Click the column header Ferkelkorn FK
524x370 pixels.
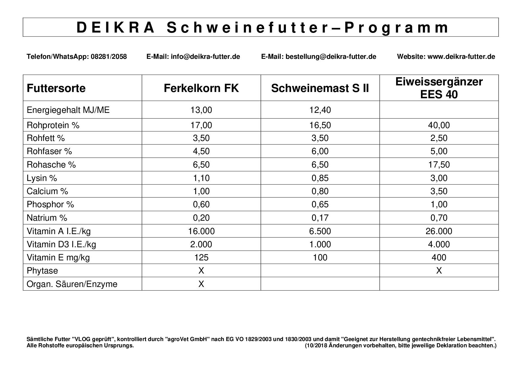201,88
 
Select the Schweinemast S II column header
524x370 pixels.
320,88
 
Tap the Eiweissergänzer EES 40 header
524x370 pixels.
439,88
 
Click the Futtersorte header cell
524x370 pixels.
56,88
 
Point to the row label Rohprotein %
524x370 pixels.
53,125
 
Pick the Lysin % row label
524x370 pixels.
42,178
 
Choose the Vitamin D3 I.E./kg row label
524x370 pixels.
61,244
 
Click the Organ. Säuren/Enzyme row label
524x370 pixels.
72,284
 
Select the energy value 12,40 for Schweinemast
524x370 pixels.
320,110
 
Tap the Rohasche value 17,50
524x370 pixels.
439,165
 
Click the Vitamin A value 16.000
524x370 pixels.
201,231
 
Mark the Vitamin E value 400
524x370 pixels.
439,257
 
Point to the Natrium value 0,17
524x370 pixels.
320,218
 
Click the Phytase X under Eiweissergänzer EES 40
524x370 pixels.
439,271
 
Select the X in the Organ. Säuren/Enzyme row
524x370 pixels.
201,284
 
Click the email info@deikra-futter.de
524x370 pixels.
205,57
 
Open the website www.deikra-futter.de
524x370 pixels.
461,57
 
